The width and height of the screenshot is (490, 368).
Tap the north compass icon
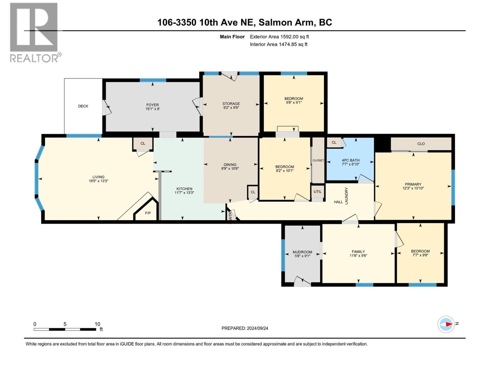click(446, 324)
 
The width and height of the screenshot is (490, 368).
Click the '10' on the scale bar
click(97, 324)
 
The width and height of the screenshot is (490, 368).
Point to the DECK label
click(83, 106)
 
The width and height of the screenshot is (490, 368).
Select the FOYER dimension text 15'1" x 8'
click(153, 109)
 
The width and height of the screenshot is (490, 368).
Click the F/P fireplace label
click(148, 213)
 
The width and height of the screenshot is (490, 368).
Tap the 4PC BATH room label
click(350, 160)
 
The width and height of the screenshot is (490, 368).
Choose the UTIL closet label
click(318, 192)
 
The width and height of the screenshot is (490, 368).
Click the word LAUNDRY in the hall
click(347, 196)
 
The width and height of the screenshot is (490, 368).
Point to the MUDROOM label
click(302, 252)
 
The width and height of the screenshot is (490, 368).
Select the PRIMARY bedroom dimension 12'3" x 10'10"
click(413, 188)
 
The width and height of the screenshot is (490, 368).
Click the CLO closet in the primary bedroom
click(421, 144)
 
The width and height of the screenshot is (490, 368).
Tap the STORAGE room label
click(231, 104)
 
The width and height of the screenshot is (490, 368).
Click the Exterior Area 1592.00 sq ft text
click(279, 36)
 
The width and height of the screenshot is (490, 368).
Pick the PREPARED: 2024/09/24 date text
click(245, 328)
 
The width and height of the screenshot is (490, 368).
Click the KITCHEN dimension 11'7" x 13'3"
click(184, 193)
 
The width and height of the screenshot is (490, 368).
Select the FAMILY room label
click(358, 251)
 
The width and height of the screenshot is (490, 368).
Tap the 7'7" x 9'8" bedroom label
click(420, 255)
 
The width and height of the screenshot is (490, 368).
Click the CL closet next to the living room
click(143, 143)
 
